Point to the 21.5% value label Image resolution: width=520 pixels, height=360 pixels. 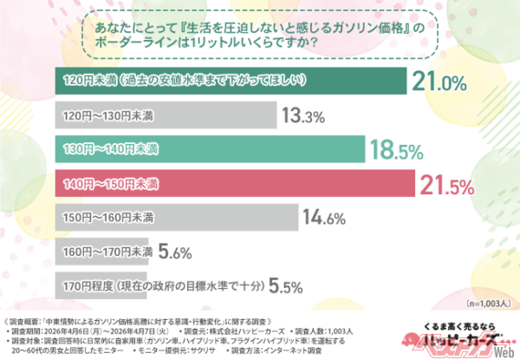pos(447,183)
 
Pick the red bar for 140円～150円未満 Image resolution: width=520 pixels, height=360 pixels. pos(233,183)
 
